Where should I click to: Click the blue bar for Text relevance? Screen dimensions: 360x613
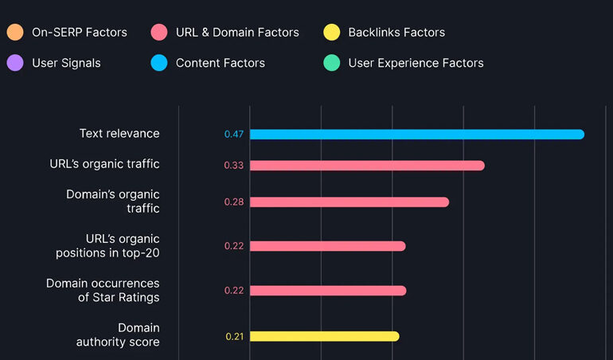[416, 134]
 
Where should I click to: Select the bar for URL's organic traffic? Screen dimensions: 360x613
[367, 166]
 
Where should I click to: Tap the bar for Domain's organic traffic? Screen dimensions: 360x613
[349, 202]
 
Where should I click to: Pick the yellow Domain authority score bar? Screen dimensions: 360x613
[324, 336]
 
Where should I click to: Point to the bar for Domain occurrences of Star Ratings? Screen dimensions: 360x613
[328, 291]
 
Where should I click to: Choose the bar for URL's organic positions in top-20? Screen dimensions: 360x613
[327, 246]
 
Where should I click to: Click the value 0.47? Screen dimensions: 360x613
[233, 134]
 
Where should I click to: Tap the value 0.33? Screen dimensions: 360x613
[233, 166]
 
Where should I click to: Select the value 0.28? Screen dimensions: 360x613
[233, 202]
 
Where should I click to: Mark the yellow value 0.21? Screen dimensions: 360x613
[234, 336]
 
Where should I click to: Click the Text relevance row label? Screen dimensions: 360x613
[119, 134]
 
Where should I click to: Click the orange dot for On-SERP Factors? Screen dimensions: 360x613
[14, 33]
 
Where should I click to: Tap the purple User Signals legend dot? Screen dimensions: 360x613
[14, 63]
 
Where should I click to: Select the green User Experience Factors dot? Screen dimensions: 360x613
[332, 63]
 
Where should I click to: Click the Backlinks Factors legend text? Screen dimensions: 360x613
[396, 33]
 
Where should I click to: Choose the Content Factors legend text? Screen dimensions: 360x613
[221, 63]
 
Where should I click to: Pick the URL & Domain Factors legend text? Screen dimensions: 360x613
[237, 33]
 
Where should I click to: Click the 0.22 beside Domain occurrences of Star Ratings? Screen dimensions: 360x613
[233, 291]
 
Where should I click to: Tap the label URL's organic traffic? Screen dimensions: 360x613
[104, 164]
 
